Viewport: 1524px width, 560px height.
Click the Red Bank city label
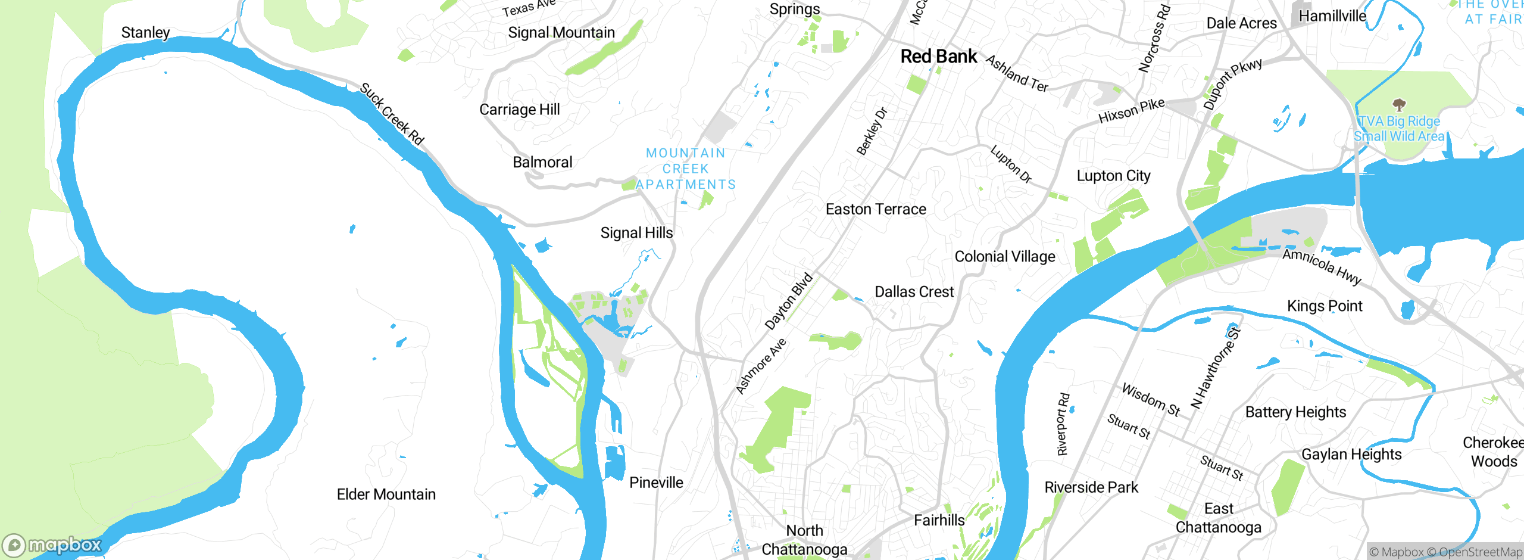point(938,57)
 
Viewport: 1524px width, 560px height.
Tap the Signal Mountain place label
point(561,33)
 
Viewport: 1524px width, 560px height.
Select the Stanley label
point(145,33)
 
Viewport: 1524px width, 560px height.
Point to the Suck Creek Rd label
point(392,114)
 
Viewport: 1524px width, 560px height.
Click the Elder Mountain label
point(386,494)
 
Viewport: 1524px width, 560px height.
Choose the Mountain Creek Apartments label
point(686,169)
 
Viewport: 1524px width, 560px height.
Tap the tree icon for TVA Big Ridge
point(1399,105)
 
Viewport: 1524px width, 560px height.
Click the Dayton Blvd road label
point(789,301)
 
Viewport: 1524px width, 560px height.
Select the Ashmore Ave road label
point(761,366)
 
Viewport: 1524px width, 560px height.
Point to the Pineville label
point(656,483)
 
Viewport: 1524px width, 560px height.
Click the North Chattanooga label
point(804,540)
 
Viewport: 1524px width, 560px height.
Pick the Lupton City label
point(1113,176)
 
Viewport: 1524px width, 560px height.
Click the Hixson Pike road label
point(1131,111)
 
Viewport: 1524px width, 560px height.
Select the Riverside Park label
point(1091,487)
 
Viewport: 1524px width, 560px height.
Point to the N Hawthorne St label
point(1215,368)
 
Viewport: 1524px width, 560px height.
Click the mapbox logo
point(52,545)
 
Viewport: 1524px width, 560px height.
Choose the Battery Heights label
point(1295,412)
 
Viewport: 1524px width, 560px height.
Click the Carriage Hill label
point(519,110)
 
